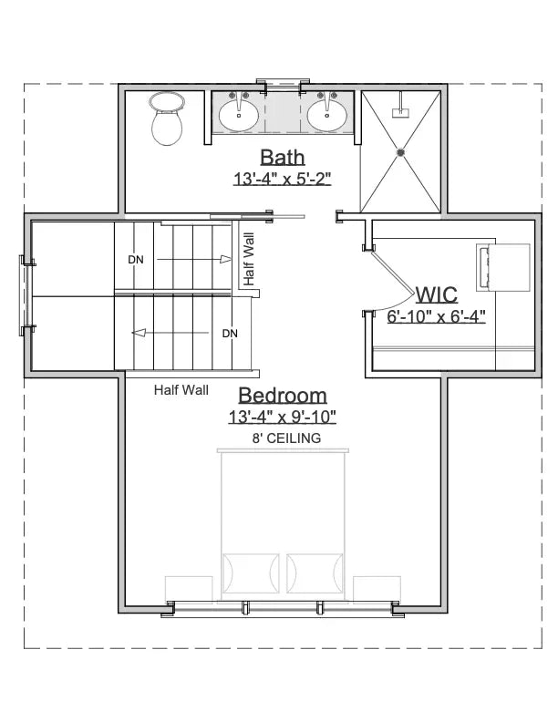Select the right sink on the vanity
click(x=325, y=114)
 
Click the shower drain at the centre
click(x=400, y=152)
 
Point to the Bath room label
click(x=282, y=157)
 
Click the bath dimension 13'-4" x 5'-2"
click(x=282, y=180)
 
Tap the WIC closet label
click(x=437, y=294)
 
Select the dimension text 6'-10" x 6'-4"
click(x=436, y=317)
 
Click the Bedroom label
click(x=283, y=396)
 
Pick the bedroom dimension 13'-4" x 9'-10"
click(x=283, y=418)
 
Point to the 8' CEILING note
click(x=286, y=439)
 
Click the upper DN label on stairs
click(x=136, y=260)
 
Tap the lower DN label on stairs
click(x=230, y=334)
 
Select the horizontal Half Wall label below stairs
click(x=181, y=390)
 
